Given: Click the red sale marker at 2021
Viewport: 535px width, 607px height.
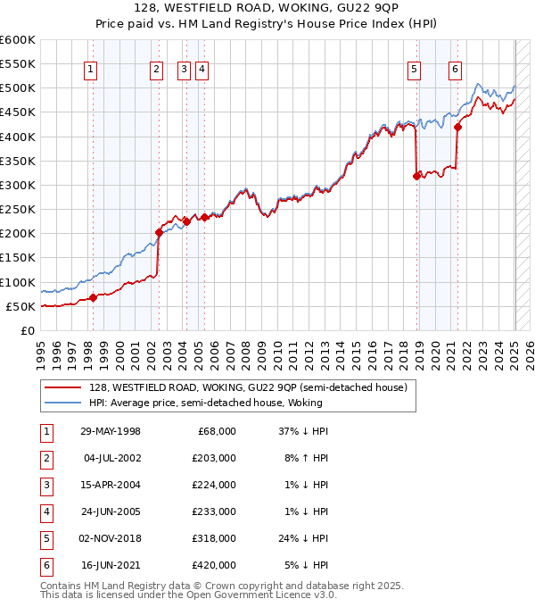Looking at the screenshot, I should tap(457, 127).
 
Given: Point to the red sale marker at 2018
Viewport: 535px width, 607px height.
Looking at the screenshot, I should tap(416, 176).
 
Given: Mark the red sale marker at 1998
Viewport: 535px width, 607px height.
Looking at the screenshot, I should tap(93, 297).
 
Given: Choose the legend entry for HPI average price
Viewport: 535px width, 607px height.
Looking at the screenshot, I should tap(205, 403).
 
